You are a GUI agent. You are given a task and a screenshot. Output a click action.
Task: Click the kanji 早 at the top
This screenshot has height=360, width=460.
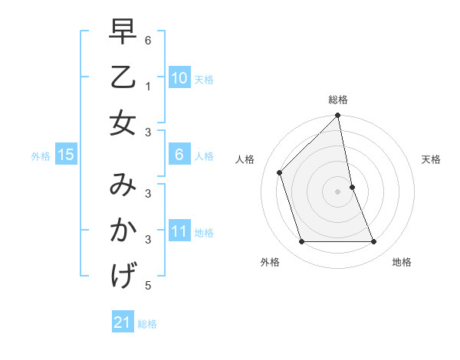point(123,32)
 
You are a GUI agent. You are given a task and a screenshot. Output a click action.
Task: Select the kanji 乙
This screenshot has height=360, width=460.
point(123,77)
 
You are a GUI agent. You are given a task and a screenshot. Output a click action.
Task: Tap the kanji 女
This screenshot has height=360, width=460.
point(123,123)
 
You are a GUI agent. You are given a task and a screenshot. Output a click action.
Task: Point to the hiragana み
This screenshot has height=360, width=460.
point(123,185)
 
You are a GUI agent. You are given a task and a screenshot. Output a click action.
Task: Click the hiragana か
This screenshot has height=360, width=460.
point(123,230)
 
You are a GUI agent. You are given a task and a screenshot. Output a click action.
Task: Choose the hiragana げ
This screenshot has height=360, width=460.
point(123,276)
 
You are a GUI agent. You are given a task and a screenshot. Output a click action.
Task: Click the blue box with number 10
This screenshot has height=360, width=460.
point(179,77)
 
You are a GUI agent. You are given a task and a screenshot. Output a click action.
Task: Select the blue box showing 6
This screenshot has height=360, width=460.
point(179,155)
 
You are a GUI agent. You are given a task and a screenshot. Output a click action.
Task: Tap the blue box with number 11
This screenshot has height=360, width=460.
point(179,231)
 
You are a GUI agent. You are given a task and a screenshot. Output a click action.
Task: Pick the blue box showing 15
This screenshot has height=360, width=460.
point(66,155)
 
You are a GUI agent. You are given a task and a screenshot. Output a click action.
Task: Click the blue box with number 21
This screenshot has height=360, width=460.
point(123,322)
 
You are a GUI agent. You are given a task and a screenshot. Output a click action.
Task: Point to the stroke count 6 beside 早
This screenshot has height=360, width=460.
point(147,41)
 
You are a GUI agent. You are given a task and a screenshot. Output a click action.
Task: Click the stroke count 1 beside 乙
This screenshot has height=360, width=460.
point(147,87)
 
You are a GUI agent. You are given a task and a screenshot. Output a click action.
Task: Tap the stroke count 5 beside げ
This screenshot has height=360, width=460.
point(147,286)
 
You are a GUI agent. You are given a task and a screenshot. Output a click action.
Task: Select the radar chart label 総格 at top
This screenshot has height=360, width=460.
point(338,100)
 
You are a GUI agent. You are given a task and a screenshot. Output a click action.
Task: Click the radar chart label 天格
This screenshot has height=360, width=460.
point(431,159)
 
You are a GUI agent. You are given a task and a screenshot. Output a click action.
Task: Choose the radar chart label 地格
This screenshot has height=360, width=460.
point(402,262)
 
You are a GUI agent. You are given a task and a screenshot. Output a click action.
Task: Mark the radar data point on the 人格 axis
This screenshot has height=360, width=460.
point(280,172)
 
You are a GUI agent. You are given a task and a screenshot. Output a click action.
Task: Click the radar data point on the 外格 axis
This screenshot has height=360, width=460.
point(302,242)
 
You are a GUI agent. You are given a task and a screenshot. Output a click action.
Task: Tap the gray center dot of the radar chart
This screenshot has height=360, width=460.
point(338,191)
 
